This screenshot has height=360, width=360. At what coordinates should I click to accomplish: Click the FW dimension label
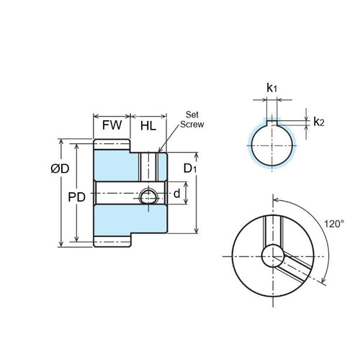pyautogui.click(x=111, y=125)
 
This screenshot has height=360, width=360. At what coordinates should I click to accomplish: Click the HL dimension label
pyautogui.click(x=148, y=125)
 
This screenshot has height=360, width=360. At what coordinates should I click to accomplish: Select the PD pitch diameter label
pyautogui.click(x=66, y=197)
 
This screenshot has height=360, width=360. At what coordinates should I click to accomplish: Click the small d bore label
pyautogui.click(x=176, y=194)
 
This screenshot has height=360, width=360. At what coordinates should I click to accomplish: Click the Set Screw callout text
pyautogui.click(x=192, y=119)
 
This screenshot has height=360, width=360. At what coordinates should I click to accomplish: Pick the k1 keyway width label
pyautogui.click(x=271, y=88)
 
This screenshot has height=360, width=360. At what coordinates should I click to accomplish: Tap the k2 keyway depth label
pyautogui.click(x=318, y=122)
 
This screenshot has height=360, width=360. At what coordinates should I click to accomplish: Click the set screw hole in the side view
pyautogui.click(x=149, y=197)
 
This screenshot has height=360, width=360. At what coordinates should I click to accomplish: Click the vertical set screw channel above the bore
pyautogui.click(x=148, y=166)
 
